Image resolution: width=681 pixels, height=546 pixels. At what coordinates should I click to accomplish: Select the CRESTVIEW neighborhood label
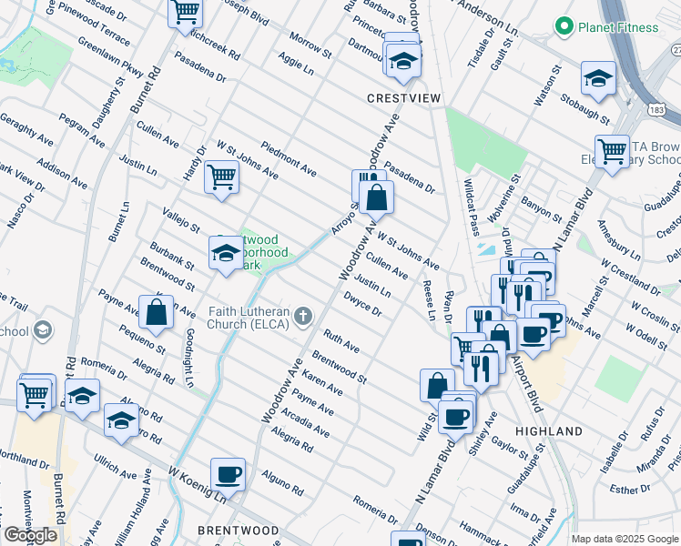pos(398,97)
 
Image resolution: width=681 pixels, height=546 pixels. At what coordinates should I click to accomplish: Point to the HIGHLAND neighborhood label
pos(548,430)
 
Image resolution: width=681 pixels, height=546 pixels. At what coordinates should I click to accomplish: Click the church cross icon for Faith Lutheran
pos(302,316)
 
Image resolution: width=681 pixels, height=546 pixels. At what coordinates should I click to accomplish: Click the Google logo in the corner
pos(30,535)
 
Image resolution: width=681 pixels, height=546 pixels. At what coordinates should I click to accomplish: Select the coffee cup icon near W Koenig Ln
pos(228,473)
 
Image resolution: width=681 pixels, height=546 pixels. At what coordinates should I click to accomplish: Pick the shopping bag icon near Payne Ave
pos(157,311)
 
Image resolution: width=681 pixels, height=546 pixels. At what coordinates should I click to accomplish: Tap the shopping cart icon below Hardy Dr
pos(221,177)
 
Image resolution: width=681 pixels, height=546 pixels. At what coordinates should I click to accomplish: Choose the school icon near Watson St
pos(598,79)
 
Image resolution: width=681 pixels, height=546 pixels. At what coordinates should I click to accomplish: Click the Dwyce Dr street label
pos(362,302)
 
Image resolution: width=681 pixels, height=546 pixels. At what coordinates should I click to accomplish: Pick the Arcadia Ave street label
pos(306,423)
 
